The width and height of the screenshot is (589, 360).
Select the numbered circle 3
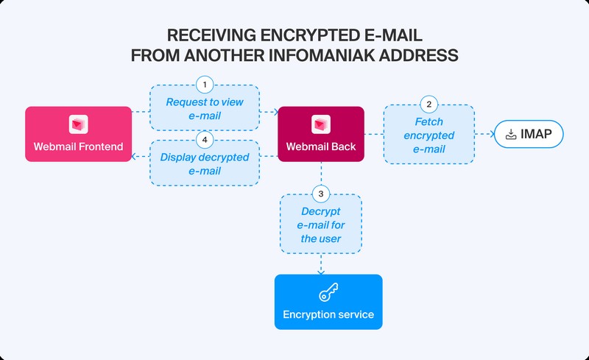click(321, 194)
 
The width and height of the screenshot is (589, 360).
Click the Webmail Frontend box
click(78, 134)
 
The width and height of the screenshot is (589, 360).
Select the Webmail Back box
click(321, 134)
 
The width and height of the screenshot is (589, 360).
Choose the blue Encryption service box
click(328, 302)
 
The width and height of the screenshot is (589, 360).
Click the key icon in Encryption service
click(328, 293)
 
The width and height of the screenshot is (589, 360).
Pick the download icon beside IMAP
click(512, 134)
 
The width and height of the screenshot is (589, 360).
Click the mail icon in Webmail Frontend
click(78, 124)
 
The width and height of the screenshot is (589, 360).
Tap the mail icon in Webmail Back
click(321, 124)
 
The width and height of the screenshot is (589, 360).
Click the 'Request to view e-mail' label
click(205, 109)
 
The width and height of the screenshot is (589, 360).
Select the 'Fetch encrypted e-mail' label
click(429, 135)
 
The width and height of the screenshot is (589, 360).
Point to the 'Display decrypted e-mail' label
click(205, 163)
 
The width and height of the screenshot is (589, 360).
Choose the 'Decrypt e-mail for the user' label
click(321, 225)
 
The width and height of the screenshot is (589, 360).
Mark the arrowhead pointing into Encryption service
click(321, 270)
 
